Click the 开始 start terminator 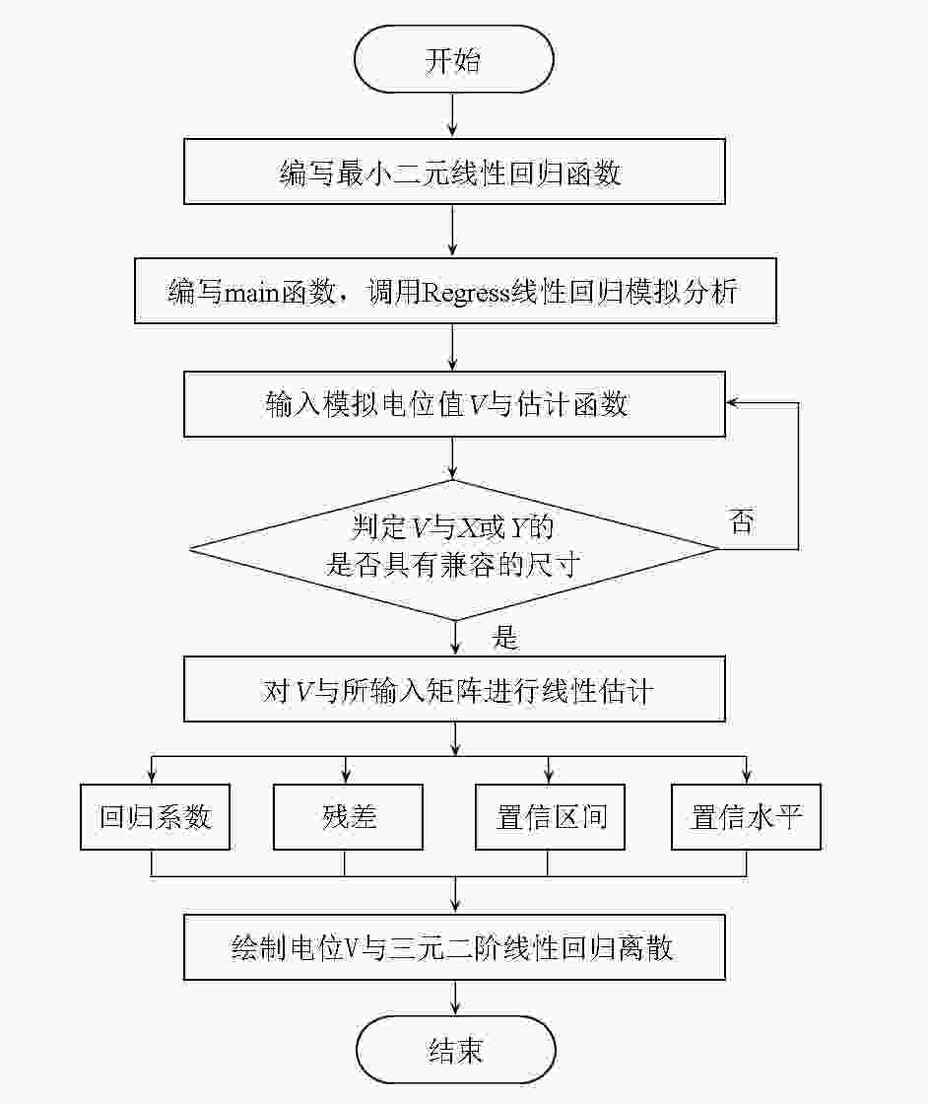point(453,59)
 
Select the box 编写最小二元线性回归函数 point(454,172)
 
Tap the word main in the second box point(251,292)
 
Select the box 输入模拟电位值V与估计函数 point(454,404)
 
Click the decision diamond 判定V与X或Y point(454,549)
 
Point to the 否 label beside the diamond point(742,521)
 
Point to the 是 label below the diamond point(505,637)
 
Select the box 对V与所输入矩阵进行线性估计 point(454,689)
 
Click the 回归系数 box point(155,817)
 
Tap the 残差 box point(349,817)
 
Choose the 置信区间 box point(550,817)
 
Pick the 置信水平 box point(746,817)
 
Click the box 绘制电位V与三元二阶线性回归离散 point(454,947)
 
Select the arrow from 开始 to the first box point(452,115)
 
